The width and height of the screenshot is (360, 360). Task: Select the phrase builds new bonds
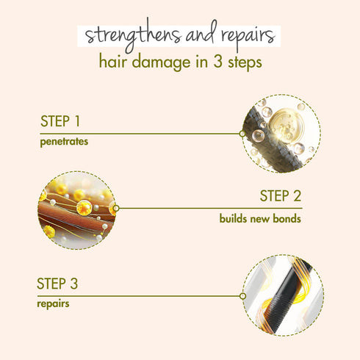click(260, 218)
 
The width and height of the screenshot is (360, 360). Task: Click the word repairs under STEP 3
click(53, 302)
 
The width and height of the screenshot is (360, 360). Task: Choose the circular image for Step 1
click(282, 134)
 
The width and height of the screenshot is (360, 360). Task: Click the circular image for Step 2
click(77, 209)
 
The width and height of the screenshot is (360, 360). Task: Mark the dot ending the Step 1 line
click(242, 134)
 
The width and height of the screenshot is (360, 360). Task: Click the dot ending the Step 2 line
click(116, 208)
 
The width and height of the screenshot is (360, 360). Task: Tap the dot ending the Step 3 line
click(242, 295)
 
